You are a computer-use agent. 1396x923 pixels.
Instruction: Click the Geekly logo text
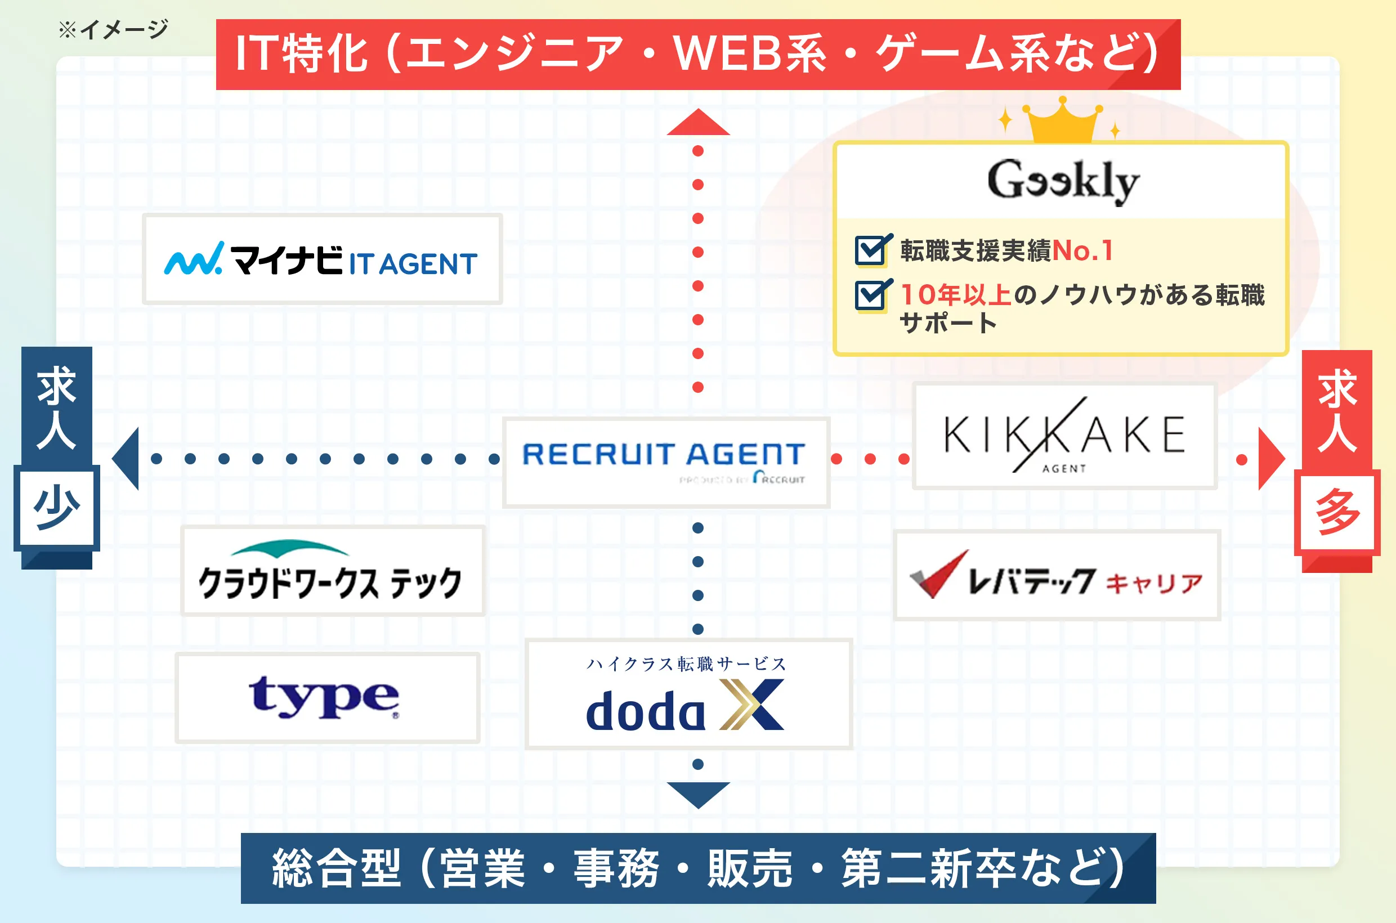(x=1063, y=181)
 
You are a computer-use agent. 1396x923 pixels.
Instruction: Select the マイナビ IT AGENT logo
(x=322, y=259)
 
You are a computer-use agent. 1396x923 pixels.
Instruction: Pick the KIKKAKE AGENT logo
(x=1064, y=436)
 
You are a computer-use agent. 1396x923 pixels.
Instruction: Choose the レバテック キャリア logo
(x=1056, y=576)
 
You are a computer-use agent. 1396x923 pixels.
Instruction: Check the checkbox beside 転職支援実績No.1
(x=872, y=250)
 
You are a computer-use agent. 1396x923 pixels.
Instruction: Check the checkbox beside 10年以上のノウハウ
(x=872, y=295)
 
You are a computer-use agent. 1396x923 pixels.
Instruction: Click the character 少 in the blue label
(x=56, y=508)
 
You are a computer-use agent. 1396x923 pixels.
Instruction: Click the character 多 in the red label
(x=1336, y=512)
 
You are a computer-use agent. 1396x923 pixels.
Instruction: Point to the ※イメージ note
(x=114, y=29)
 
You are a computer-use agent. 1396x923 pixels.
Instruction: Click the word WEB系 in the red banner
(x=750, y=54)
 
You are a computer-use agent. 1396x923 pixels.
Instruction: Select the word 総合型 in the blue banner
(x=336, y=868)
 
